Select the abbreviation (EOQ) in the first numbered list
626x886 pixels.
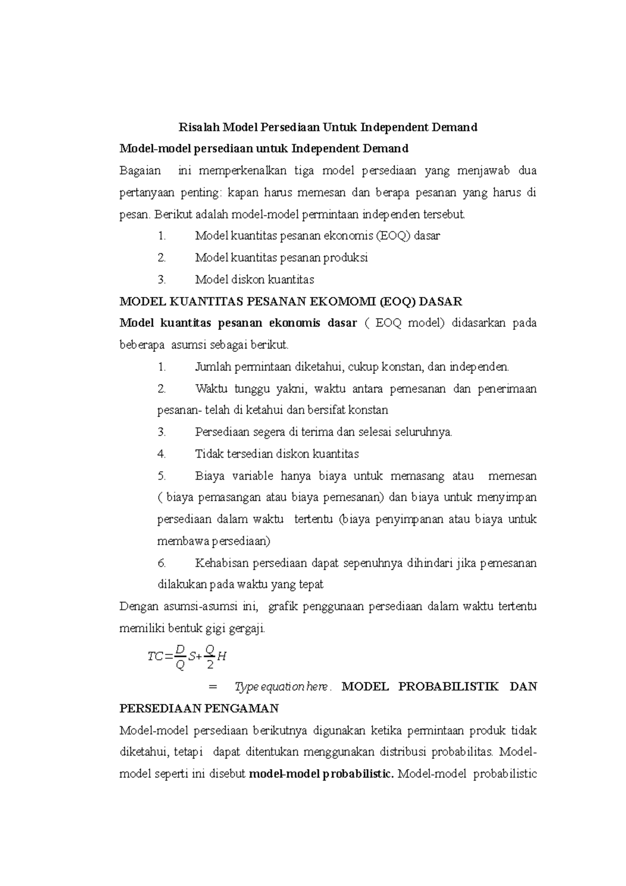[393, 235]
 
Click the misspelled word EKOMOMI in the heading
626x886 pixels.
[346, 302]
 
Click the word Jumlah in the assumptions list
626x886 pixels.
[213, 367]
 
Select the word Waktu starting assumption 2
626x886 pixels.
[211, 389]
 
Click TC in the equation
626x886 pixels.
[155, 656]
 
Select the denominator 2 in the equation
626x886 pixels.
[210, 665]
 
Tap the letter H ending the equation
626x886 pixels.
[222, 656]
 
